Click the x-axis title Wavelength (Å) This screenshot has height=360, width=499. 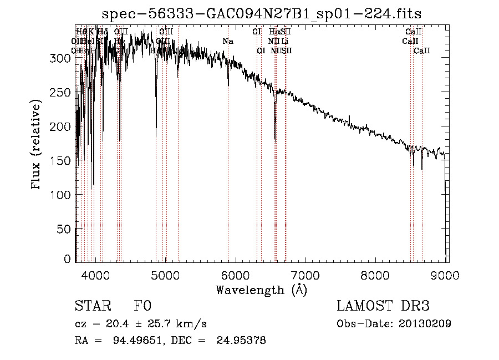click(261, 290)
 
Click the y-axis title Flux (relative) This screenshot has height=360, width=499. click(37, 145)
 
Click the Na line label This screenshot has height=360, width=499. click(228, 41)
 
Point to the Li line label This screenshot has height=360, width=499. click(285, 41)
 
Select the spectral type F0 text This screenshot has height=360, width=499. click(142, 307)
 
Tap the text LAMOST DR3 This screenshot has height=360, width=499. click(383, 307)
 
